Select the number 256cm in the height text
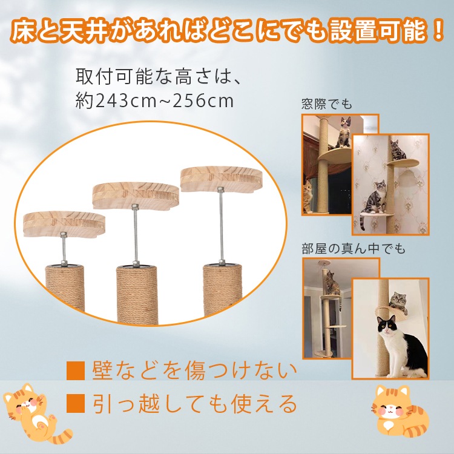203,100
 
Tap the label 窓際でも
326,104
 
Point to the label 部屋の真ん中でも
354,249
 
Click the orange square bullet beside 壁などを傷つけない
75,370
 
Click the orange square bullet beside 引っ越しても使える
75,403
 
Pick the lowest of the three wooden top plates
64,223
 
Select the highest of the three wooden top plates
221,178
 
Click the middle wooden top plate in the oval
136,194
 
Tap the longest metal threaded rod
222,225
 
